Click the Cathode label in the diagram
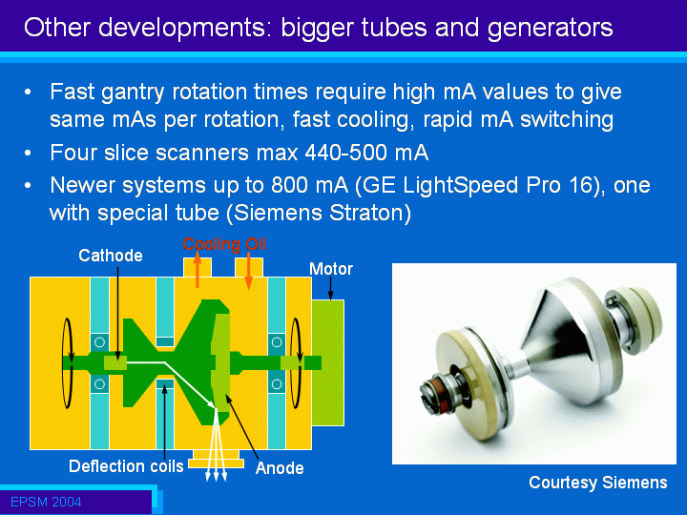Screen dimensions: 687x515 pos(111,256)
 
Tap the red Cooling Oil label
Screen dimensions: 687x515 pos(224,244)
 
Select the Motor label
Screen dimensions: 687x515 pos(331,269)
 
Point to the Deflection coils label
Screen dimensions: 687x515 pos(126,466)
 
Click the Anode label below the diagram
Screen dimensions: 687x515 pos(280,468)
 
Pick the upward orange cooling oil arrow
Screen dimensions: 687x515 pos(198,270)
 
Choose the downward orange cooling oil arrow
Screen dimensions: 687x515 pos(248,272)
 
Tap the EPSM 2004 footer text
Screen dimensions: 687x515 pos(46,502)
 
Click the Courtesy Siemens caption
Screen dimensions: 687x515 pos(598,483)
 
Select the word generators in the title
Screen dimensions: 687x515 pos(550,28)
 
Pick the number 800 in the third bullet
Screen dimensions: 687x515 pos(287,185)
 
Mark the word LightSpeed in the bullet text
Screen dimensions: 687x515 pos(461,186)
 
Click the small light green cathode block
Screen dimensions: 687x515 pos(115,363)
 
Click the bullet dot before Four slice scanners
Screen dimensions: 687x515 pos(28,154)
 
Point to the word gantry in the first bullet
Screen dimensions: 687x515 pos(133,93)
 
